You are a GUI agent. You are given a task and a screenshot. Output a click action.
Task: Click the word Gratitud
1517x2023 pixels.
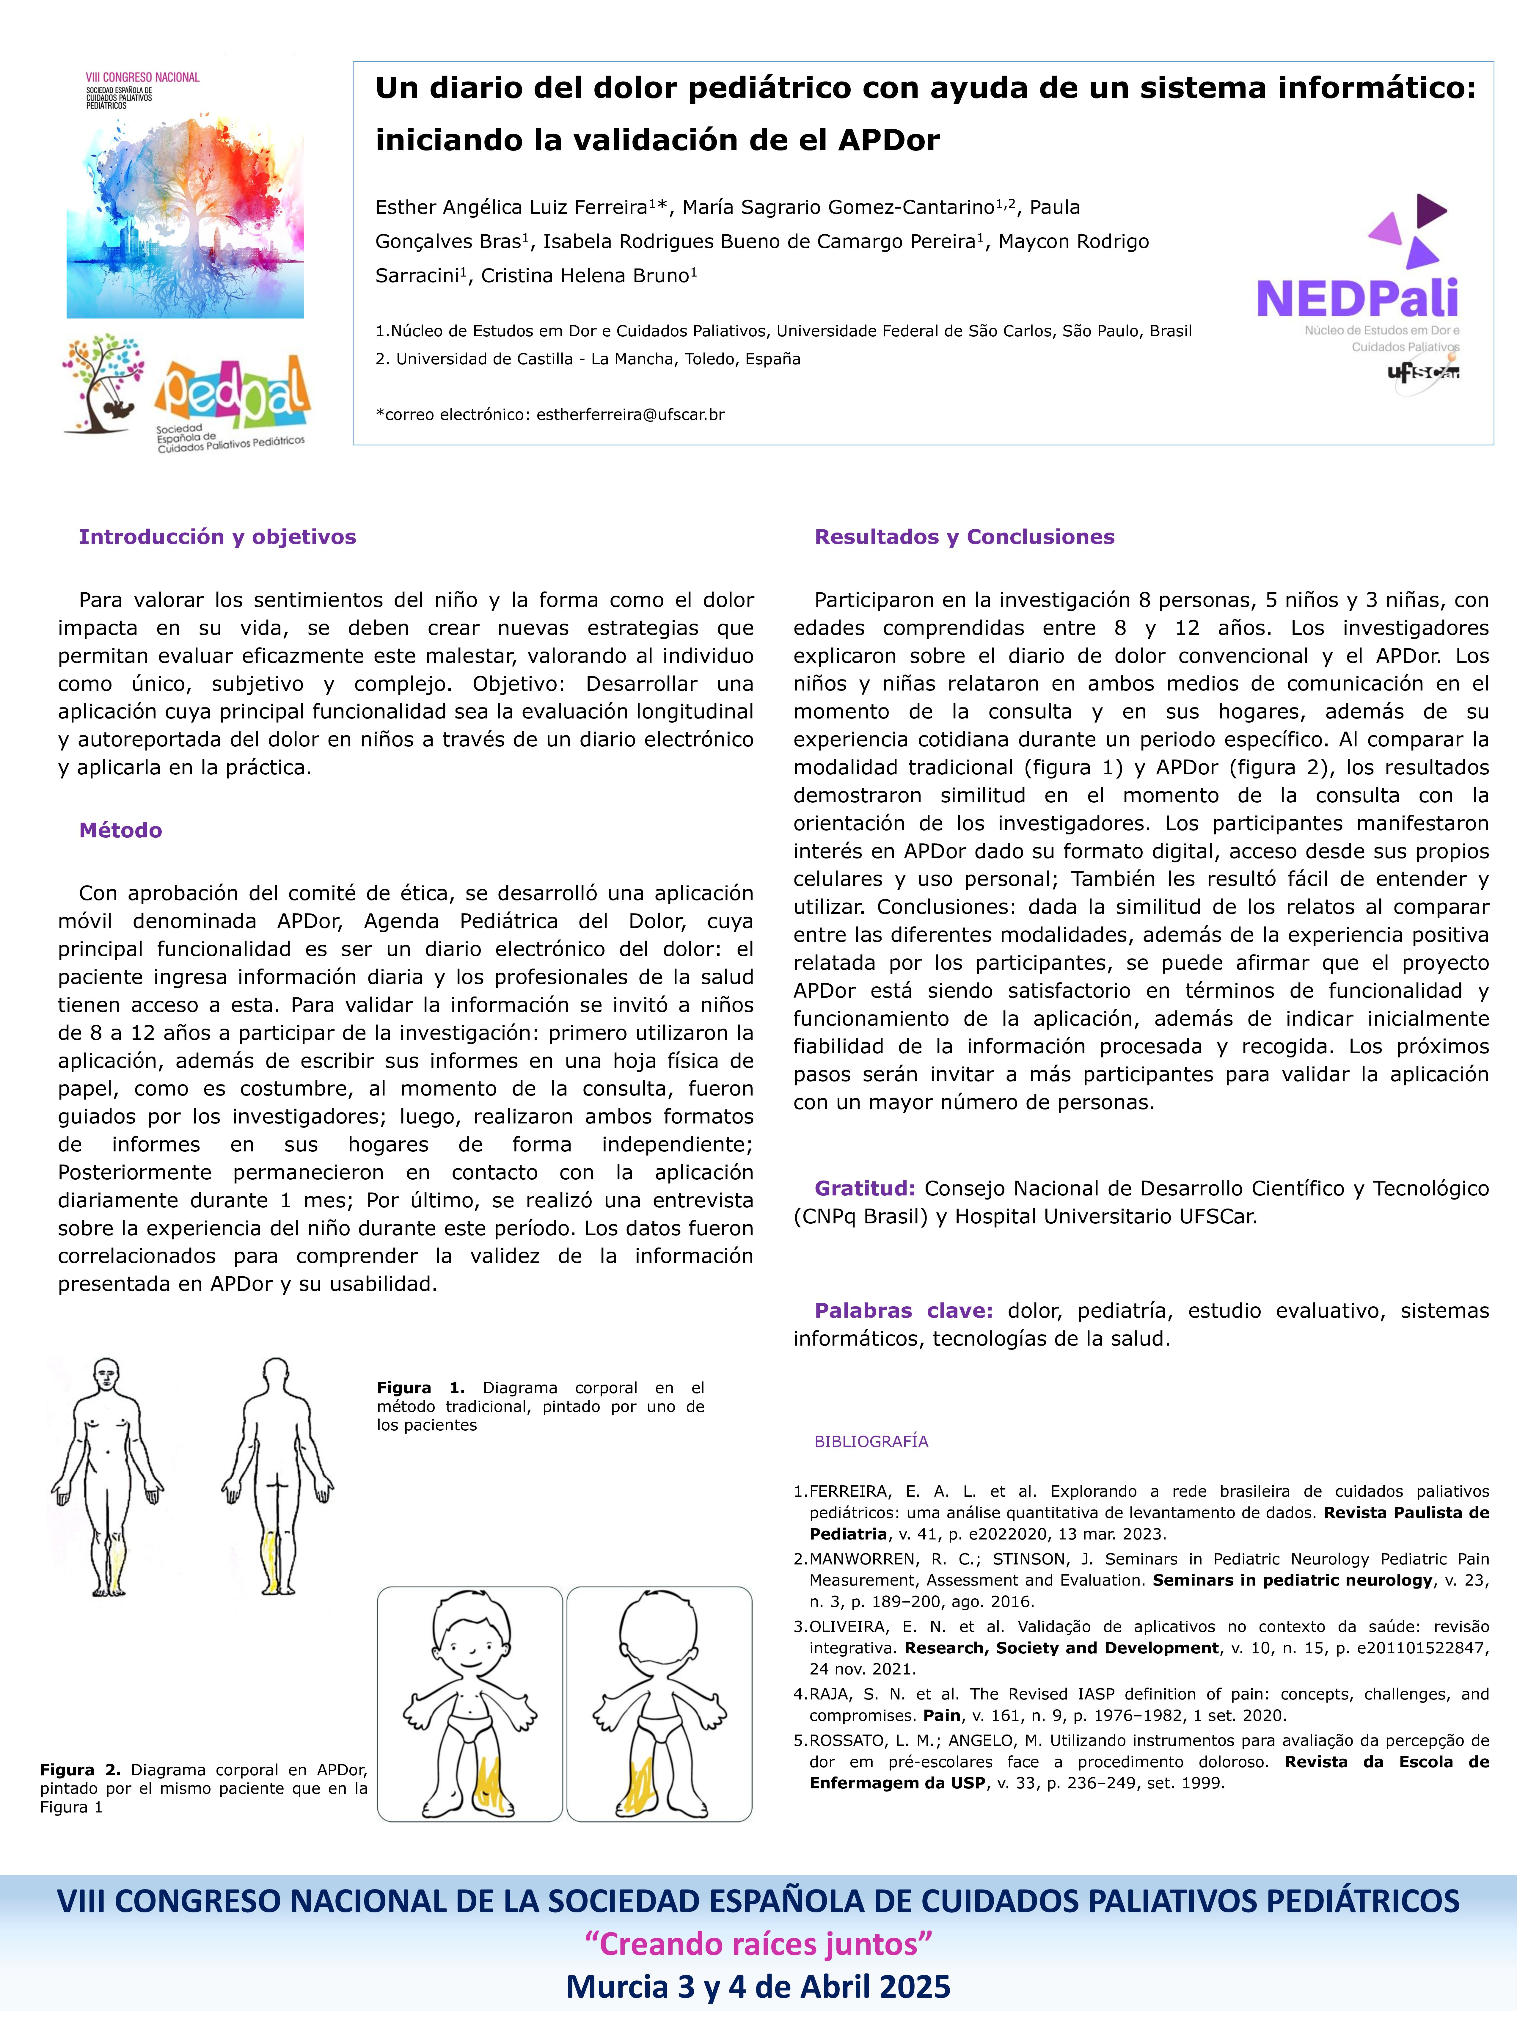(x=864, y=1188)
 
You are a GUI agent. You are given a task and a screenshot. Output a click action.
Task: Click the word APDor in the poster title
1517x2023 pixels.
(x=889, y=140)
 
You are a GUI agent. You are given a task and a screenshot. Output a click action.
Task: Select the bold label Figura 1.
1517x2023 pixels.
(x=420, y=1388)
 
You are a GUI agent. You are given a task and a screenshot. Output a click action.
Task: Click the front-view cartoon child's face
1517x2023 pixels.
(x=470, y=1646)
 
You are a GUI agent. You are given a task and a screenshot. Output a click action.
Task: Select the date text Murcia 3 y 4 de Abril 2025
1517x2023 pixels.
(x=758, y=1986)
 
